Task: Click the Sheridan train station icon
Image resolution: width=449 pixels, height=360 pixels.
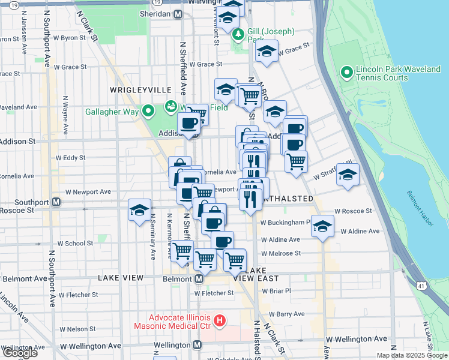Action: click(x=178, y=14)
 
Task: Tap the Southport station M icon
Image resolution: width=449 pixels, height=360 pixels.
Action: click(x=56, y=202)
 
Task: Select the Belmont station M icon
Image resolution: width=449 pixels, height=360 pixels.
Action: click(x=199, y=279)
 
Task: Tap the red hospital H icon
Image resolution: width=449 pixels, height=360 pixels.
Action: click(x=220, y=321)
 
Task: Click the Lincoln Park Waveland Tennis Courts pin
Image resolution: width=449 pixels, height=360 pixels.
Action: click(x=346, y=73)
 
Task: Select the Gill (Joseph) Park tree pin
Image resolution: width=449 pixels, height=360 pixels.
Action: click(x=238, y=35)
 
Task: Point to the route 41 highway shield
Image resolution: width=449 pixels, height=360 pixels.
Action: click(x=422, y=286)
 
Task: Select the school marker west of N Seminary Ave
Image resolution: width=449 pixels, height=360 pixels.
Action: click(x=139, y=211)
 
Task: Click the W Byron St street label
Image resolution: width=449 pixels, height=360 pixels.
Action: click(x=74, y=37)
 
